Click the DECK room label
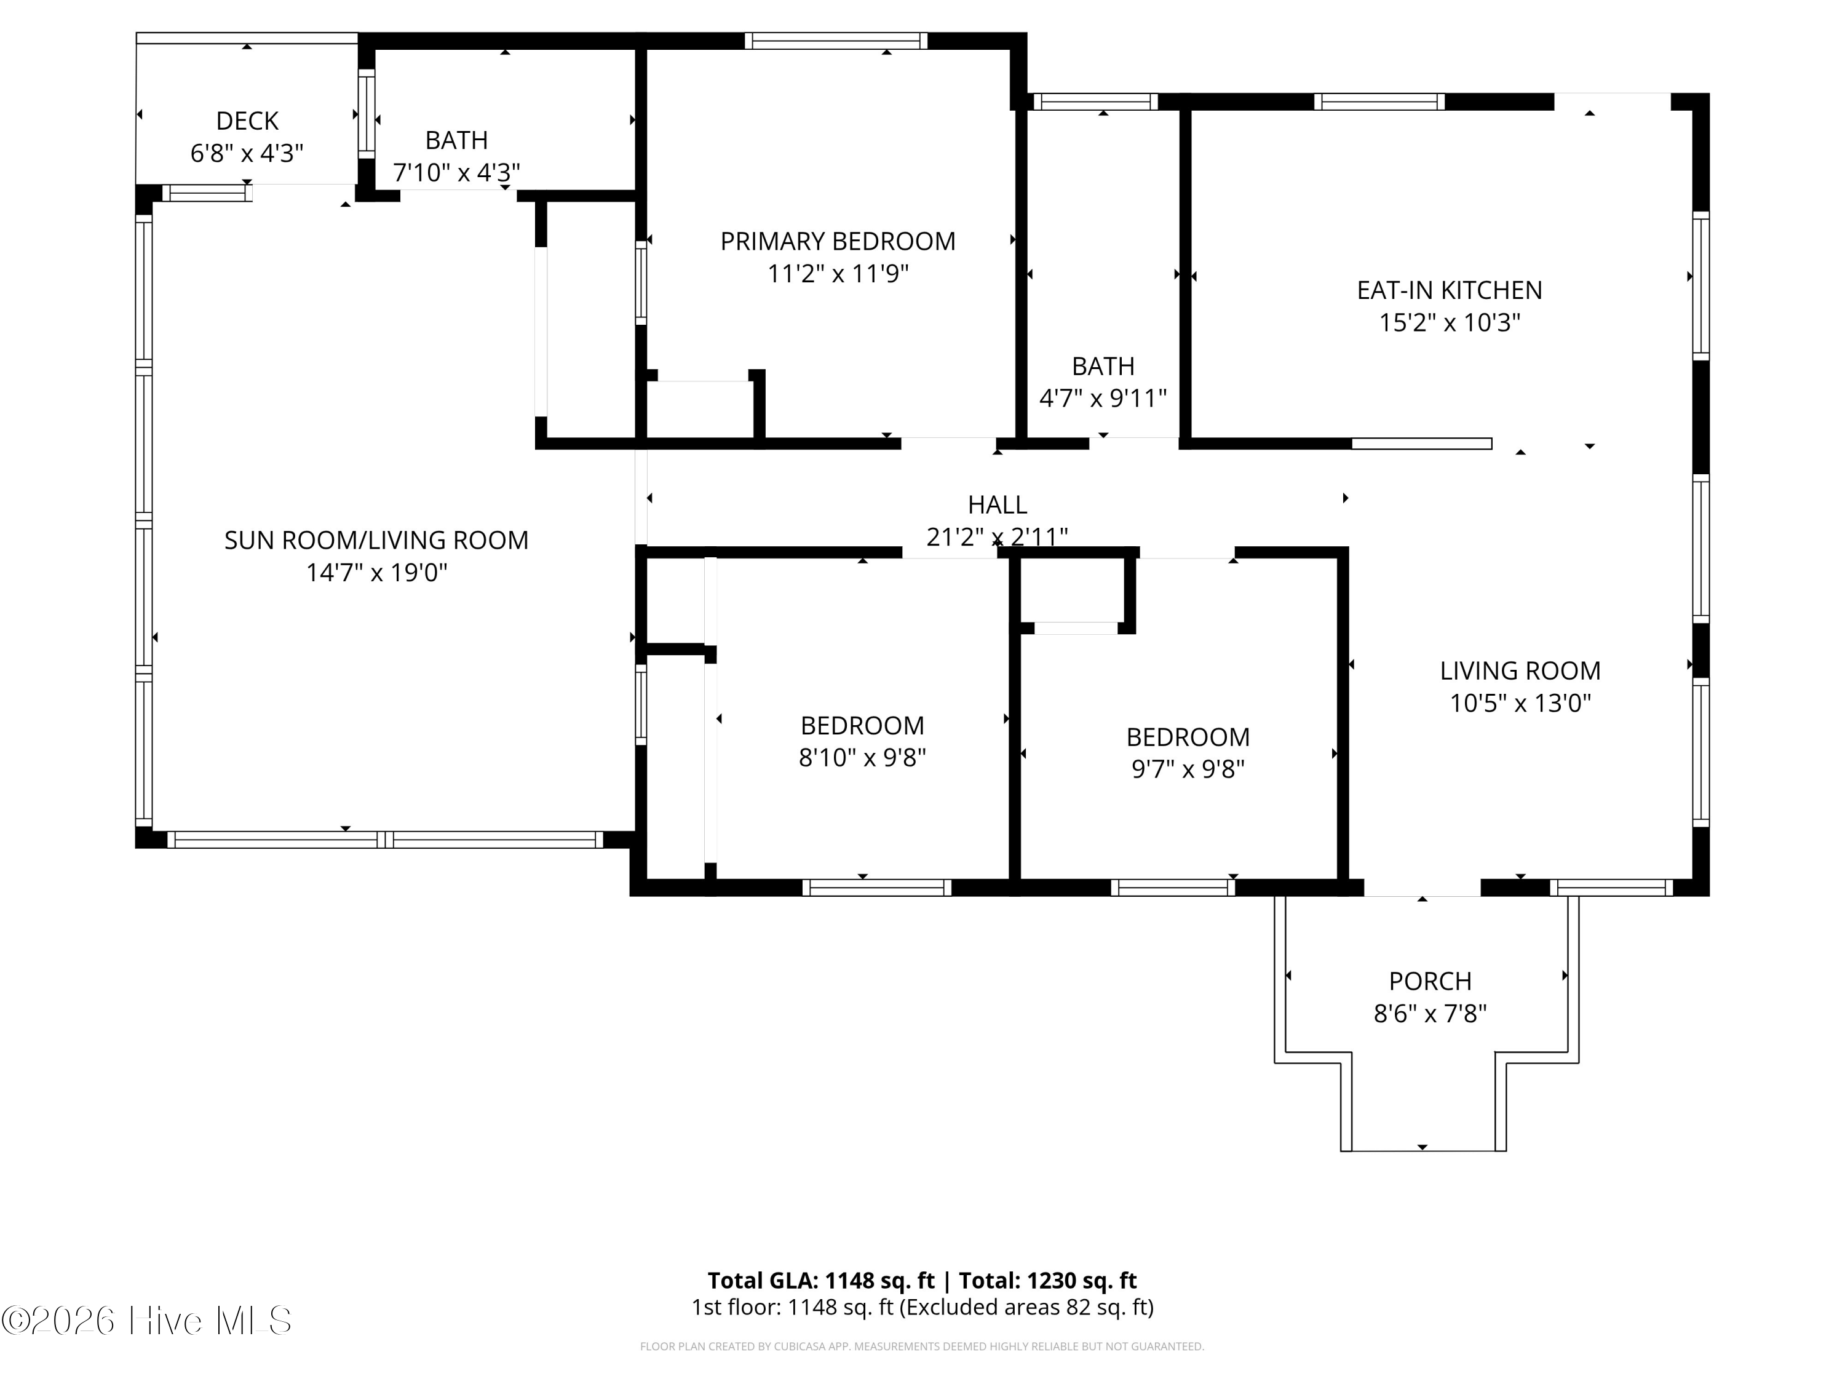pyautogui.click(x=247, y=121)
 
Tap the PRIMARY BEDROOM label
pyautogui.click(x=838, y=241)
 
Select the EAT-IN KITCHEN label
pyautogui.click(x=1450, y=290)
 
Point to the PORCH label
pyautogui.click(x=1430, y=981)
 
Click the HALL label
pyautogui.click(x=998, y=505)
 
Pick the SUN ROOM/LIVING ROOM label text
pyautogui.click(x=376, y=541)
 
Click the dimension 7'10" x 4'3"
pyautogui.click(x=456, y=173)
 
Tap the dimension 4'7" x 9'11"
pyautogui.click(x=1103, y=399)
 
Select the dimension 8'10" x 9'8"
pyautogui.click(x=862, y=757)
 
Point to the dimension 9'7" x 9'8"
pyautogui.click(x=1188, y=769)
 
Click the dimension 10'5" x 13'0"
pyautogui.click(x=1520, y=703)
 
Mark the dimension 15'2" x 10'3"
pyautogui.click(x=1450, y=323)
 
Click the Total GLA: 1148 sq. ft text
pyautogui.click(x=821, y=1281)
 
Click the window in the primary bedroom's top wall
pyautogui.click(x=836, y=41)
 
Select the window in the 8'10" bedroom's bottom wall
pyautogui.click(x=876, y=888)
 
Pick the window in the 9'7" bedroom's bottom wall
pyautogui.click(x=1173, y=888)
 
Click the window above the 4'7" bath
pyautogui.click(x=1096, y=101)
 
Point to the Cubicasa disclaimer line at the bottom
pyautogui.click(x=922, y=1346)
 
